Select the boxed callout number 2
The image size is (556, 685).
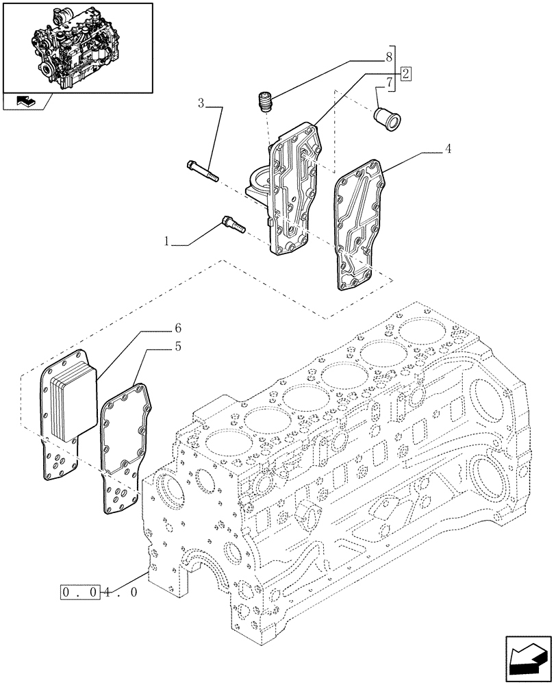click(x=405, y=73)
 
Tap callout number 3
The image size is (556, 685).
click(x=201, y=104)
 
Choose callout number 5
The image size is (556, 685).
click(x=177, y=347)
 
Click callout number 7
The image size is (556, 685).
click(x=389, y=84)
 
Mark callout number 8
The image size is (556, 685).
click(x=389, y=56)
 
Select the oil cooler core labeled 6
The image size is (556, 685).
click(x=66, y=397)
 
